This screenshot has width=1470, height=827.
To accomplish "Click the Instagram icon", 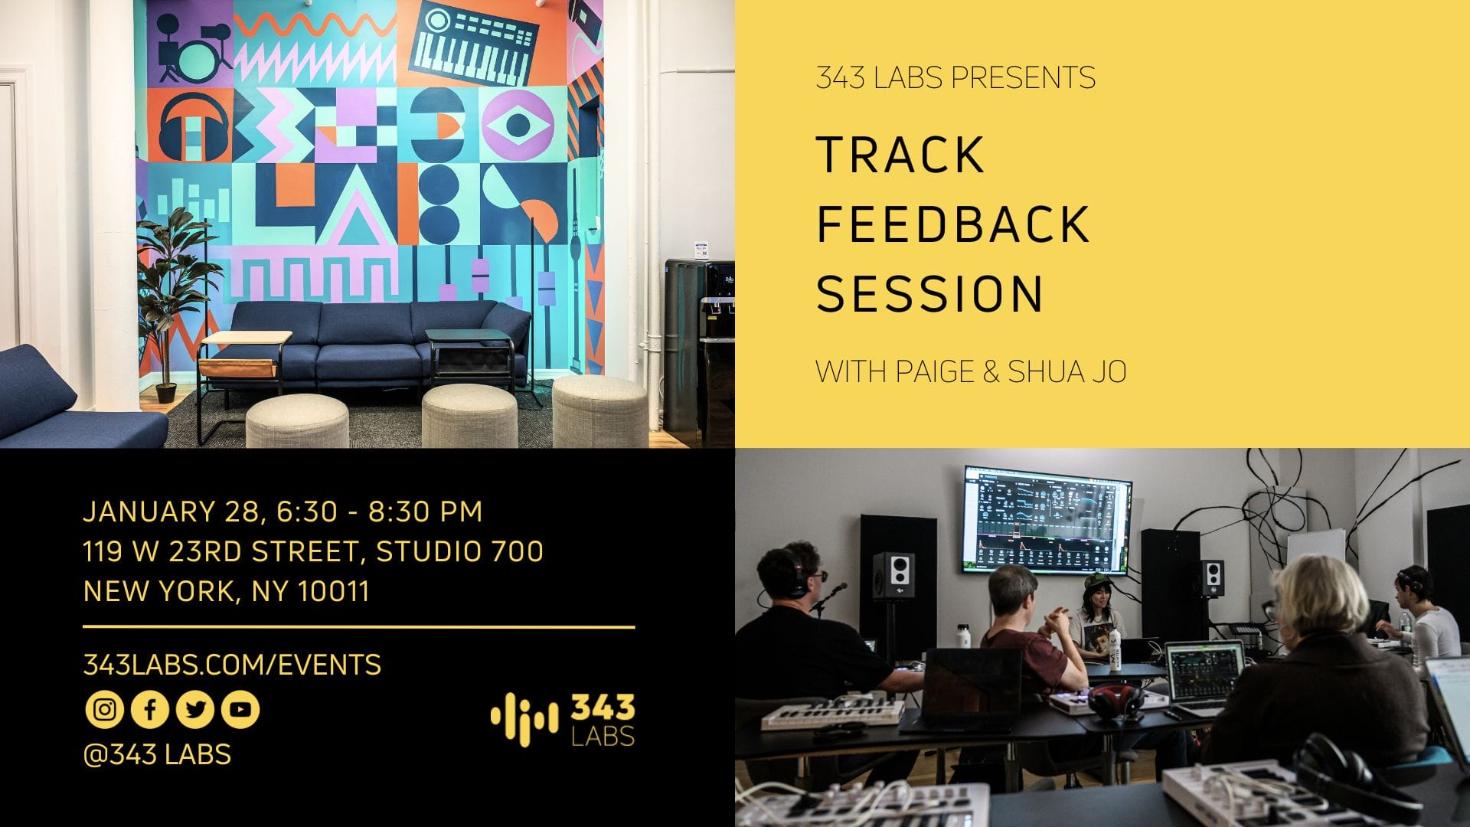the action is point(104,709).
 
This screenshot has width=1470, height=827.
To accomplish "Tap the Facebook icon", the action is point(150,709).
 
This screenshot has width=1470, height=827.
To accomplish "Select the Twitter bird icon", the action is point(195,709).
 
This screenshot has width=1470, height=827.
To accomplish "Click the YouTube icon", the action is point(240,709).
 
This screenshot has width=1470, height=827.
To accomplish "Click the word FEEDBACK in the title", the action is point(953,224).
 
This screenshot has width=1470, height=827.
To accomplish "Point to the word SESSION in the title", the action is point(929,293).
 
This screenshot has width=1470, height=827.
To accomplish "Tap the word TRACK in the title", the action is point(900,155).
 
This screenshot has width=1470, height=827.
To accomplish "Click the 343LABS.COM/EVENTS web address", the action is point(232,665).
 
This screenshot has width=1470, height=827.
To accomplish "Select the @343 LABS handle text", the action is point(157,754).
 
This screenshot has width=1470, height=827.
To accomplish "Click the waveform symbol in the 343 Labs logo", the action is point(524,719).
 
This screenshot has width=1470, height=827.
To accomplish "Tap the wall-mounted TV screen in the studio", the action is point(1047,520).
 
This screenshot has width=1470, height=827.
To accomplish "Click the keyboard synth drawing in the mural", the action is point(473,46).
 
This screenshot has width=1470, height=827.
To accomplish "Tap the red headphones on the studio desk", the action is point(1117,700).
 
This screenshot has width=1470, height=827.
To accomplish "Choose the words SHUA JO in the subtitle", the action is point(1067,371).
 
